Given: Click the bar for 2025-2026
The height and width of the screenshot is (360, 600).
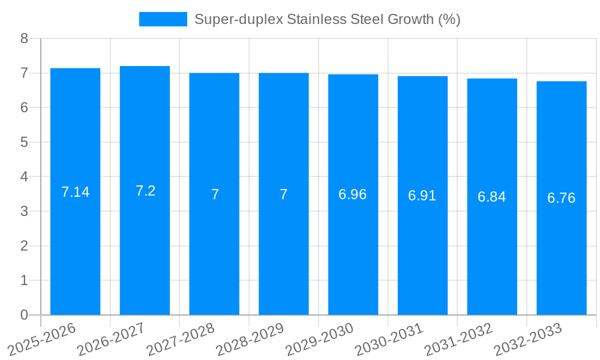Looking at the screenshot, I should click(x=75, y=192).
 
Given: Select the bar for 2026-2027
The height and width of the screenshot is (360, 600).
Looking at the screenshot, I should click(x=145, y=191).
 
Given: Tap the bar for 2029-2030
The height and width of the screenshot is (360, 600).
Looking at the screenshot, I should click(x=353, y=194).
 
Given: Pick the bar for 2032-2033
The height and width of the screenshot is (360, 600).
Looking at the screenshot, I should click(x=562, y=198).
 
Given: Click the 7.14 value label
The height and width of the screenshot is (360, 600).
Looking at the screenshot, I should click(x=75, y=192).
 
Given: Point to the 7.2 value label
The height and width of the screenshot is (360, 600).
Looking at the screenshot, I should click(x=145, y=191).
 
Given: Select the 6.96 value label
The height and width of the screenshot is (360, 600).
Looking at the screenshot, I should click(x=353, y=194).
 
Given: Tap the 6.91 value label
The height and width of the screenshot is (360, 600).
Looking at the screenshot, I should click(x=422, y=196).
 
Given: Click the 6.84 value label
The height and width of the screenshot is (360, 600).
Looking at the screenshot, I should click(x=492, y=197).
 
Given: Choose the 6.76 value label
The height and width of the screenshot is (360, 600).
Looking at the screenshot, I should click(x=562, y=198).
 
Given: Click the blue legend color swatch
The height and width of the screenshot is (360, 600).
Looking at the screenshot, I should click(x=163, y=19).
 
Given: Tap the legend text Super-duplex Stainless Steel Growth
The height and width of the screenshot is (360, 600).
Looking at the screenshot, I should click(x=327, y=19).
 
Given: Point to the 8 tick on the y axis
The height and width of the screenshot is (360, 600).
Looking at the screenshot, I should click(x=24, y=38).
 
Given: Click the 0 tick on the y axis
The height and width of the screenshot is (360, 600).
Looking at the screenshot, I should click(x=24, y=315).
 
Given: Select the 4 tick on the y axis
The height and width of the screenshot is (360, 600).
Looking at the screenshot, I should click(x=24, y=177).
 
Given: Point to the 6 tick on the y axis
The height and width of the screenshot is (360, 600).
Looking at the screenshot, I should click(x=24, y=107).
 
